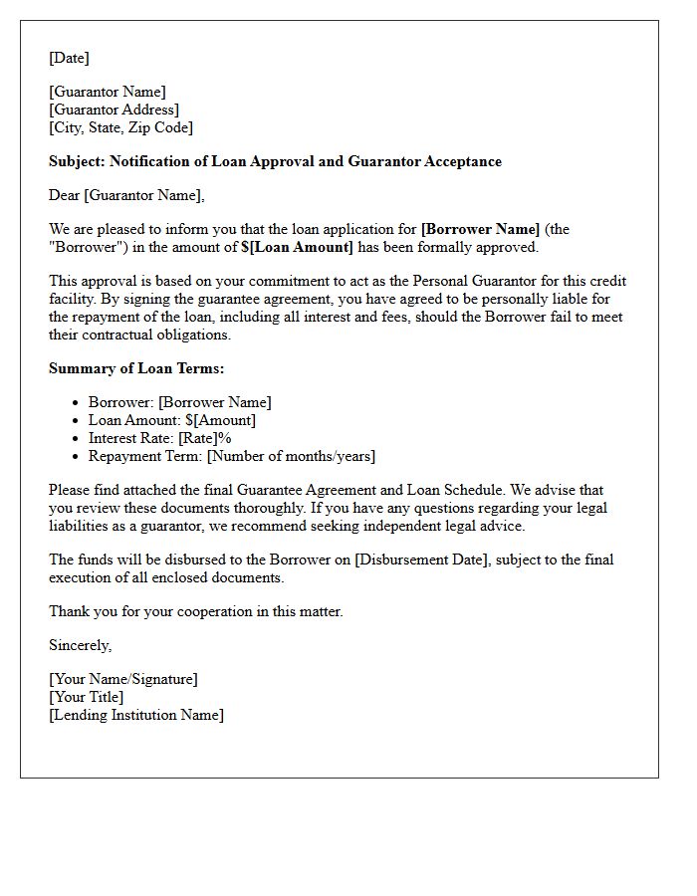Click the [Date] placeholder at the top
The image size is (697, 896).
coord(69,58)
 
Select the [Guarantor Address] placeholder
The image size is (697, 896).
coord(114,110)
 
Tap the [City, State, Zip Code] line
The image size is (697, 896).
coord(120,127)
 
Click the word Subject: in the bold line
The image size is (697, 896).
coord(77,161)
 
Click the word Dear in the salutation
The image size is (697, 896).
coord(65,195)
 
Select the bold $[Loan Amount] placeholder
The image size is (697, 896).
coord(297,247)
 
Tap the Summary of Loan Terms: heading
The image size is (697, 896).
coord(136,368)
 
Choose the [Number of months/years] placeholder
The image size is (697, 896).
coord(291,456)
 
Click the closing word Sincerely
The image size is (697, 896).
coord(80,645)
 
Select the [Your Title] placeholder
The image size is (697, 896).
coord(87,697)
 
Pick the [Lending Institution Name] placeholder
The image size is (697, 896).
coord(136,715)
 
